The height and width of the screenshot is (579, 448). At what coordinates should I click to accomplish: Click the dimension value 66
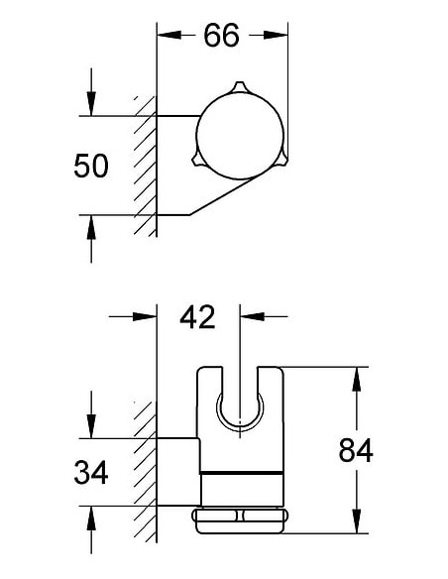[x=223, y=36]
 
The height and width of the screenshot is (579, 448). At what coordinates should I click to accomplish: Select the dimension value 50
[x=91, y=166]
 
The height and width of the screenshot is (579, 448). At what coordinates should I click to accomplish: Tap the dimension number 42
[x=197, y=317]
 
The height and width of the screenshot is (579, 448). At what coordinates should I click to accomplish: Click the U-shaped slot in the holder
[x=241, y=406]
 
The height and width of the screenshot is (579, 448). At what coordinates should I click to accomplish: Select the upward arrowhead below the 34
[x=91, y=519]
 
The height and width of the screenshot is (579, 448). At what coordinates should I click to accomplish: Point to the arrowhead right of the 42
[x=250, y=317]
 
